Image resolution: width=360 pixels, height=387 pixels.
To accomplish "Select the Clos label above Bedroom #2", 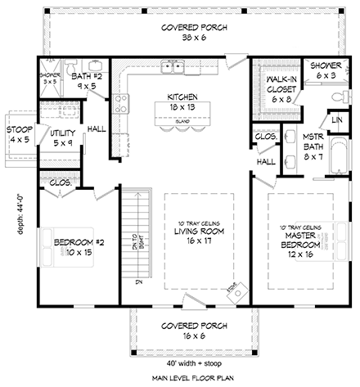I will point(61,183).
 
